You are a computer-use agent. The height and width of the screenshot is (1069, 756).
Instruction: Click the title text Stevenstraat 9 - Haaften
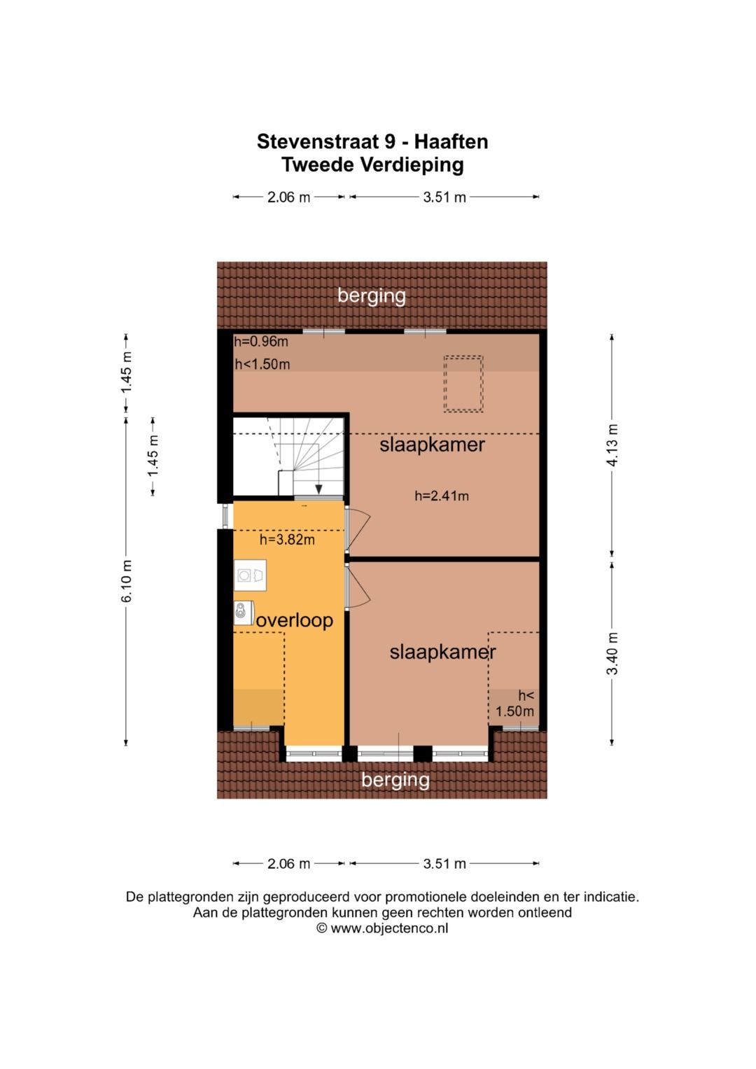pos(372,141)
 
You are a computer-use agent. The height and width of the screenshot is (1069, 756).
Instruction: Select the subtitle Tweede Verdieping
pos(372,165)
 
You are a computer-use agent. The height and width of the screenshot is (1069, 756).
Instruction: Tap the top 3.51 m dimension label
pos(444,197)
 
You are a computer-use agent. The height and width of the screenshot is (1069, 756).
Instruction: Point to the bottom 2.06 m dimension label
pos(288,863)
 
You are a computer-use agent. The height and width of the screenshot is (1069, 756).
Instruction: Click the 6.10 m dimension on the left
pos(127,581)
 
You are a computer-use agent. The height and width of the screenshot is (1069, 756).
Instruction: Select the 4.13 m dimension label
pos(612,445)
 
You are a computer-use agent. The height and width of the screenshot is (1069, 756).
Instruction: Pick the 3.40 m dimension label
pos(612,653)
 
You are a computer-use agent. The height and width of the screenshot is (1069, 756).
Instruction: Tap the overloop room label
pos(295,620)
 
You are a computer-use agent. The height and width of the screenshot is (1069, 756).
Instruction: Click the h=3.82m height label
pos(287,540)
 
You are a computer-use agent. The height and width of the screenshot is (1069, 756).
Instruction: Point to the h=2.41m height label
pos(442,496)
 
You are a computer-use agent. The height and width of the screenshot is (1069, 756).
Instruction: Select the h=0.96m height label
pos(261,342)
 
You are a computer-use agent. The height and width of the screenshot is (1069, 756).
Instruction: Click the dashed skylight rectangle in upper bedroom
pos(463,384)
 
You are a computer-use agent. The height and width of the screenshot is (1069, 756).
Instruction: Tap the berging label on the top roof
pos(372,295)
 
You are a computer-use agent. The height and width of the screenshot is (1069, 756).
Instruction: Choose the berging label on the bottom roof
pos(395,779)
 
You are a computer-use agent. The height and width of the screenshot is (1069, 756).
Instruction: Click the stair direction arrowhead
pos(318,490)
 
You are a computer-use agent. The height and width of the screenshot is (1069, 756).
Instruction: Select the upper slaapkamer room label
pos(432,445)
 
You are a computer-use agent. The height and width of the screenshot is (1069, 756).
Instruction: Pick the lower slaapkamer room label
pos(442,652)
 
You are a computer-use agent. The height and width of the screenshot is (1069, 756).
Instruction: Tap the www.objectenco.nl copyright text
pos(382,928)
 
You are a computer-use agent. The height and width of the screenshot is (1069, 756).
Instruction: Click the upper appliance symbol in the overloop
pos(250,575)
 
